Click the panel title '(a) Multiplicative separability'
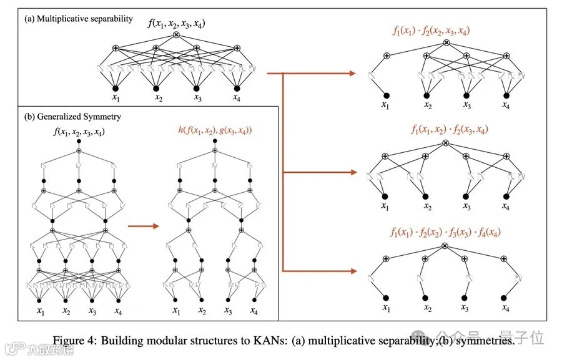(78, 19)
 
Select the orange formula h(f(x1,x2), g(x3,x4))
(214, 131)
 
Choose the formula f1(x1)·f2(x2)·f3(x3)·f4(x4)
(445, 232)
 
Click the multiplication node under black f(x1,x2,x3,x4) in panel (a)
(175, 35)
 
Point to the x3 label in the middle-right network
(465, 207)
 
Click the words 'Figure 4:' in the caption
(74, 341)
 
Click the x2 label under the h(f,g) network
(202, 311)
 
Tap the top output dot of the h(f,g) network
(214, 142)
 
